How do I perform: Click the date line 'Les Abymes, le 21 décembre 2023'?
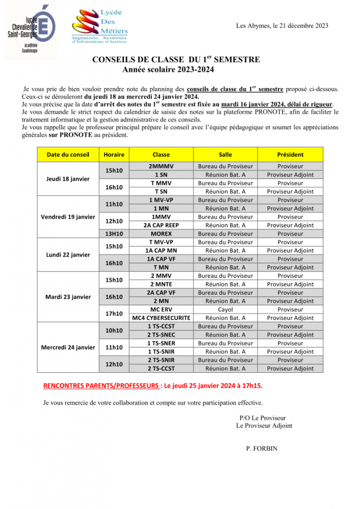click(x=282, y=26)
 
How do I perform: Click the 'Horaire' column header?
click(x=114, y=155)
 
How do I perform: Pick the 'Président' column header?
click(x=290, y=155)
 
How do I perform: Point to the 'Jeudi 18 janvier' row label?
click(x=68, y=179)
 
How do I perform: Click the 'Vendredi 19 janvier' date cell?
click(x=68, y=217)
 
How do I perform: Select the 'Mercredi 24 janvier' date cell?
click(x=68, y=347)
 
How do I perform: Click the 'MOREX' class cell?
click(x=161, y=234)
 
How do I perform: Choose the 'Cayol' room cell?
click(x=225, y=310)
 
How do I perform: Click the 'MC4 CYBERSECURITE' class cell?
click(x=161, y=318)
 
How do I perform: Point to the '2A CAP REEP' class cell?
click(x=161, y=226)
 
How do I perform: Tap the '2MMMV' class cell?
click(x=161, y=167)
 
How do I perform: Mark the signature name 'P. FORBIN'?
click(x=262, y=448)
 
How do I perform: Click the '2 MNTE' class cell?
click(x=161, y=284)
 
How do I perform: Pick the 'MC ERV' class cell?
click(x=161, y=310)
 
